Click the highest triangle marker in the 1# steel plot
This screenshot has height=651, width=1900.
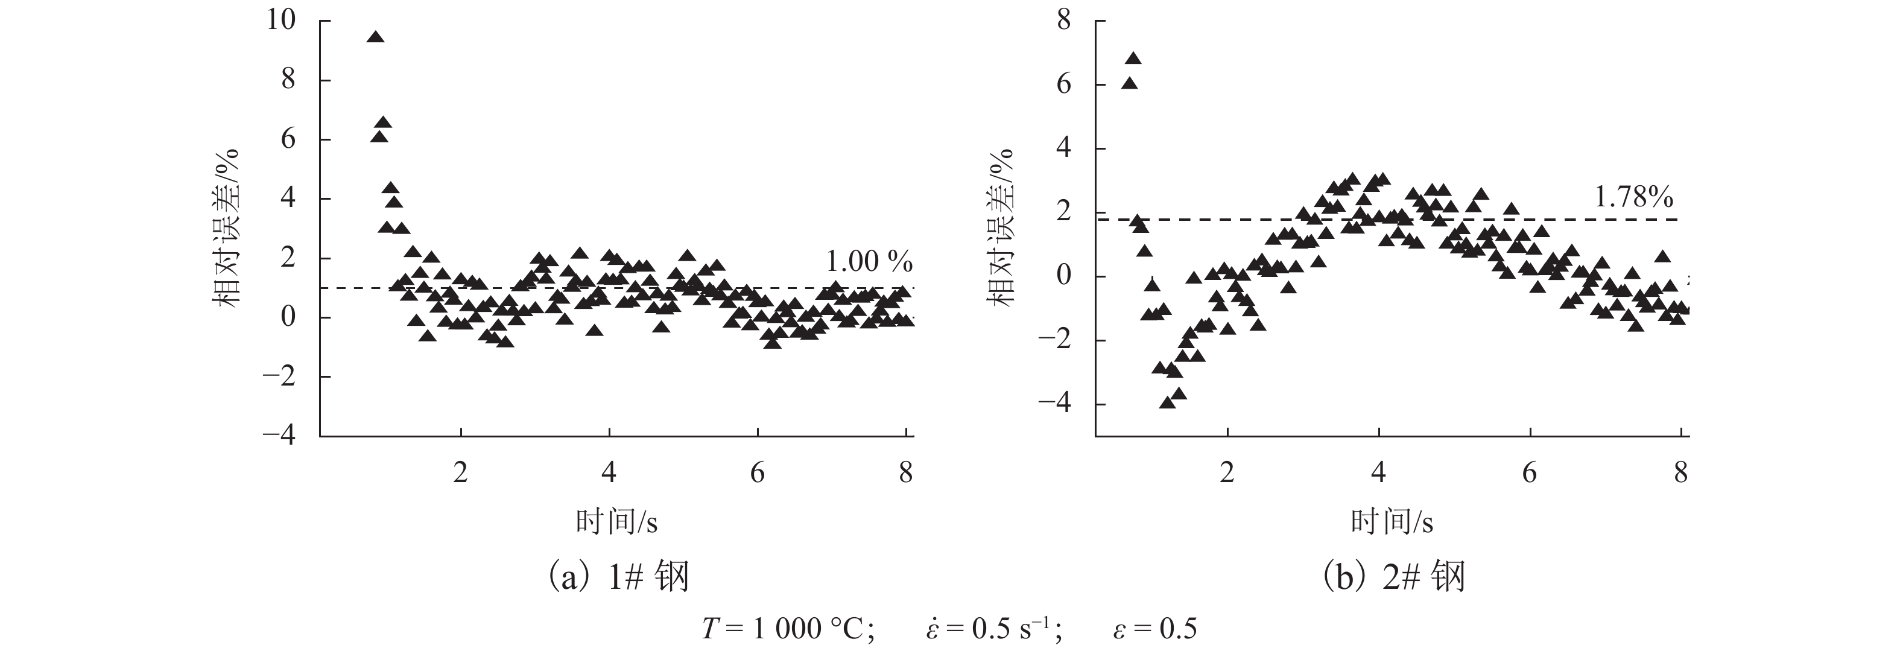[x=375, y=37]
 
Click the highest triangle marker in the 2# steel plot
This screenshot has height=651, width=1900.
[x=1133, y=59]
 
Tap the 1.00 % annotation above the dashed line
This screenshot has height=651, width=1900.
[x=869, y=261]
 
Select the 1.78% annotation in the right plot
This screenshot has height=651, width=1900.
[x=1633, y=197]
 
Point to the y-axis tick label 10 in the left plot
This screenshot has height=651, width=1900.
[x=281, y=20]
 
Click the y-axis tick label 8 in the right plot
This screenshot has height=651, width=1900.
[x=1063, y=20]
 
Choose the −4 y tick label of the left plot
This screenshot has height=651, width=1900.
[x=279, y=436]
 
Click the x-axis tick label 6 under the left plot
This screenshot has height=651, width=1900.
[x=758, y=472]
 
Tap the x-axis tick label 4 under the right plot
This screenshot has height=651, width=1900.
[x=1378, y=472]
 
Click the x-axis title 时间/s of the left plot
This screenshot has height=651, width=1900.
[x=616, y=522]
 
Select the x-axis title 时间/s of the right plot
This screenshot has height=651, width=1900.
[x=1392, y=522]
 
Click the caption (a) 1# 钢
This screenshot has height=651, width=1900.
[x=616, y=576]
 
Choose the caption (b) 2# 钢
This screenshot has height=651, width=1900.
[x=1392, y=576]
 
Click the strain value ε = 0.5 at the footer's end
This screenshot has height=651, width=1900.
[x=1155, y=629]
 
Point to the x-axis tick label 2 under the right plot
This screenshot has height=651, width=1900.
[x=1227, y=472]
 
